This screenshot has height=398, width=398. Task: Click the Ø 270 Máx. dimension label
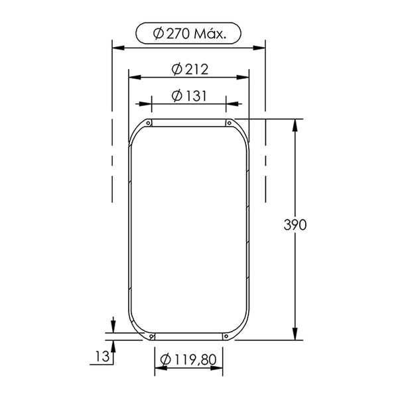[189, 34]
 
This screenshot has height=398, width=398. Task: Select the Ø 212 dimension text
[190, 69]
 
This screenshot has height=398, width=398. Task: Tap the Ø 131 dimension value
[189, 96]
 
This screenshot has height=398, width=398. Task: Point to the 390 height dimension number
[295, 225]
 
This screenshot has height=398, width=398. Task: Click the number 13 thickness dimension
[102, 356]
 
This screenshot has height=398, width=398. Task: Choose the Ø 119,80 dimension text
[188, 360]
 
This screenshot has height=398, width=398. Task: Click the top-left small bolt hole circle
[148, 123]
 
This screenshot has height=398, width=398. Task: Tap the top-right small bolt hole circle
[230, 123]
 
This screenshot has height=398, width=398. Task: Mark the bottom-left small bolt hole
[151, 336]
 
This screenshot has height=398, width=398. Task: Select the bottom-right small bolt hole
[226, 336]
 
